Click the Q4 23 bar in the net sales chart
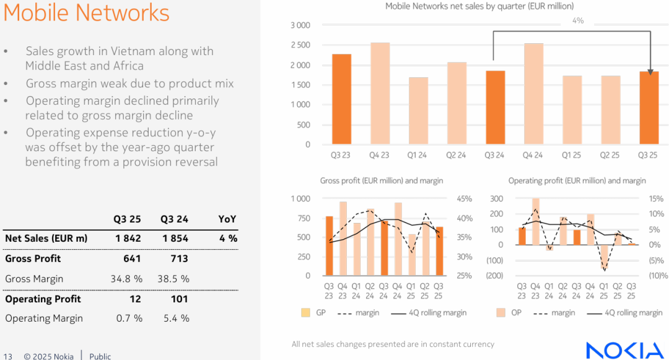[x=380, y=94]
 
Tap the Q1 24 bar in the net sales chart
[x=418, y=111]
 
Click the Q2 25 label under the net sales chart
[x=610, y=155]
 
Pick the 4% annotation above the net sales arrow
[x=577, y=21]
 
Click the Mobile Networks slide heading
[x=86, y=13]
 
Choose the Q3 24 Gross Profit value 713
[x=178, y=258]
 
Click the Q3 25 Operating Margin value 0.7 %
[x=129, y=318]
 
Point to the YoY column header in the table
[x=227, y=219]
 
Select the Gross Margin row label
[x=34, y=279]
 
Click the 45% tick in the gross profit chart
[x=464, y=199]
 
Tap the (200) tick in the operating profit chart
[x=494, y=276]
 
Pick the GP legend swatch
[x=305, y=313]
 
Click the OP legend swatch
[x=501, y=313]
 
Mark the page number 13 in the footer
[x=8, y=356]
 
